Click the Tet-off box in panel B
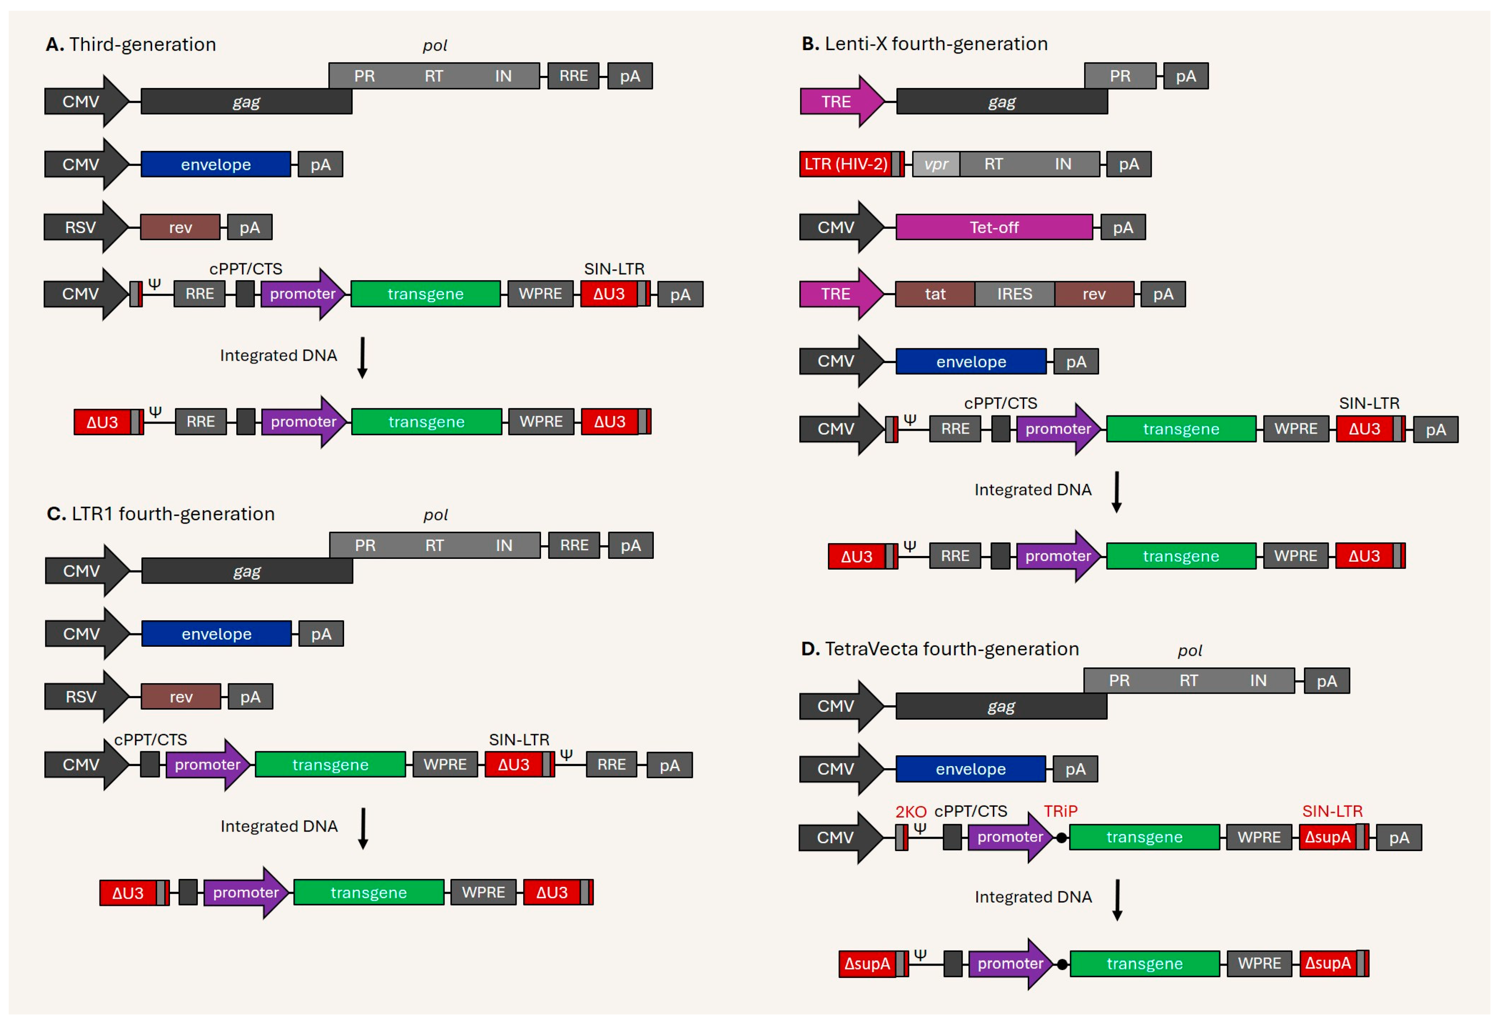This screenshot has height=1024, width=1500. pyautogui.click(x=994, y=228)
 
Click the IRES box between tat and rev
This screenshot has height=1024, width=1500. pyautogui.click(x=1015, y=294)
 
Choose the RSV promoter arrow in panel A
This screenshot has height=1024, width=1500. pyautogui.click(x=84, y=228)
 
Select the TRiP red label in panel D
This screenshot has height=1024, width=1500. pyautogui.click(x=1061, y=811)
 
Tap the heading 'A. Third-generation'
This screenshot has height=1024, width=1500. pyautogui.click(x=131, y=44)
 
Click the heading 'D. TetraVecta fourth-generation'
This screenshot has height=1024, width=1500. pyautogui.click(x=940, y=649)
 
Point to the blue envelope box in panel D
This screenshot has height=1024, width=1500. pyautogui.click(x=971, y=769)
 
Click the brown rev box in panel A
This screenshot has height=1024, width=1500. pyautogui.click(x=180, y=228)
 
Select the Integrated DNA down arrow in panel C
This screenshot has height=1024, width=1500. pyautogui.click(x=363, y=828)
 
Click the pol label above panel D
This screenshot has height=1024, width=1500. pyautogui.click(x=1189, y=650)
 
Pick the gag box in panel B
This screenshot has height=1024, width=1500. pyautogui.click(x=1002, y=102)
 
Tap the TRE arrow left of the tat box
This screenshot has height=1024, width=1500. pyautogui.click(x=840, y=294)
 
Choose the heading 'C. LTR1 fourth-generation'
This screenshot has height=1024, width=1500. pyautogui.click(x=161, y=514)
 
